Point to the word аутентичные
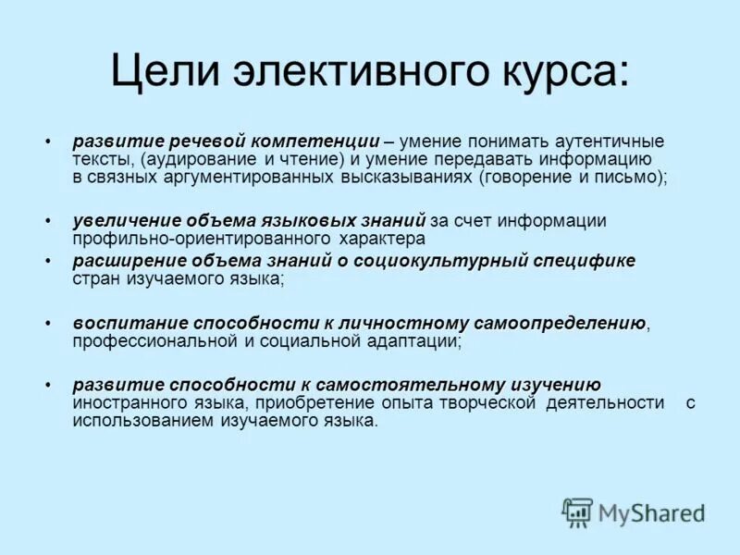click(x=610, y=142)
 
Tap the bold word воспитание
click(x=117, y=324)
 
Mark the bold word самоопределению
click(x=560, y=324)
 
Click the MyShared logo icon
click(x=577, y=512)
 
